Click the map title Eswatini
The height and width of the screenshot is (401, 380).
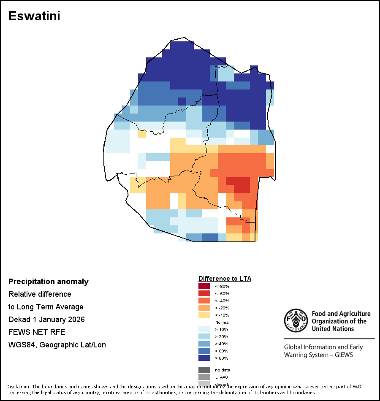[x=34, y=16]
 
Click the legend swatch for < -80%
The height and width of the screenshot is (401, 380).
[x=204, y=286]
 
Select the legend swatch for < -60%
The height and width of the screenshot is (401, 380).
[x=204, y=293]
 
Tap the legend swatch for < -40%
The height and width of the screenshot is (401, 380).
[x=204, y=301]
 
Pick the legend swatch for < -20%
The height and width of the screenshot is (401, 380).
[x=204, y=308]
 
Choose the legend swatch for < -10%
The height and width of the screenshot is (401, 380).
[x=204, y=315]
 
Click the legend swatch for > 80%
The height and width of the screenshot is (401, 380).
[x=204, y=358]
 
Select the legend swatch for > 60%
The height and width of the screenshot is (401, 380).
[x=204, y=351]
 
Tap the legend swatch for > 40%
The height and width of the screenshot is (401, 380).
[x=204, y=344]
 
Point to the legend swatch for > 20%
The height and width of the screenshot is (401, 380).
[x=204, y=336]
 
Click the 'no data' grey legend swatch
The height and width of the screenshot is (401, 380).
[x=204, y=370]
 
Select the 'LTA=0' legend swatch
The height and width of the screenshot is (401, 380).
[x=204, y=377]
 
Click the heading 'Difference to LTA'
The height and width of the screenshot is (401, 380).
[x=225, y=279]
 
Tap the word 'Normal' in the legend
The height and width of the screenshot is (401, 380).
[x=222, y=322]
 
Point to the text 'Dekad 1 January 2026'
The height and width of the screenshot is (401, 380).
[x=46, y=320]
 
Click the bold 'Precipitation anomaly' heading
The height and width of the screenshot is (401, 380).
[x=49, y=282]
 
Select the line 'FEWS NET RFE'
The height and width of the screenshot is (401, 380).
[x=37, y=332]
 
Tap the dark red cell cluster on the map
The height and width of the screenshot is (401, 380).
[x=239, y=185]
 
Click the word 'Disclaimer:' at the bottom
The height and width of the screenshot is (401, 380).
[x=18, y=387]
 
